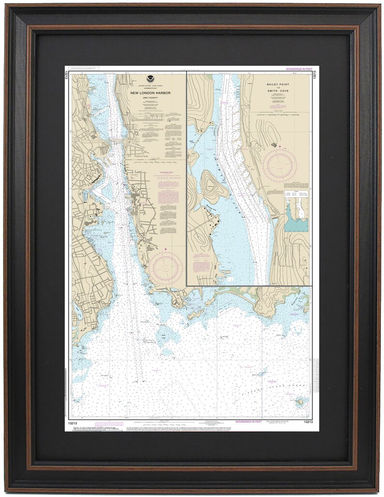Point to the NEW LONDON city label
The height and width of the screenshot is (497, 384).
pyautogui.click(x=86, y=173)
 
